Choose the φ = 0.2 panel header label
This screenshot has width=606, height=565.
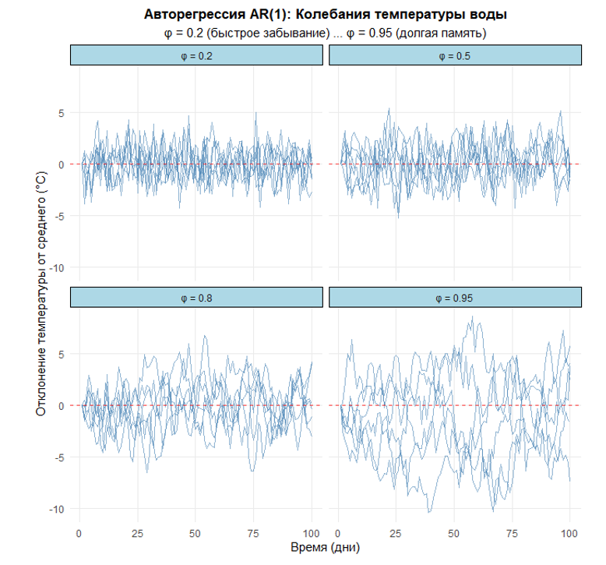tap(196, 55)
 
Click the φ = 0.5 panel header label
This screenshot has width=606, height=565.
tap(456, 55)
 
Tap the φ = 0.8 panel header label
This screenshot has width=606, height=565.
tap(196, 298)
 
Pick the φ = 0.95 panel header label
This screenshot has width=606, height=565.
tap(456, 298)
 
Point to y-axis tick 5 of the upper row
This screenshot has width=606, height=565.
tap(59, 112)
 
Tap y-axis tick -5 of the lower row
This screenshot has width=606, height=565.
tap(57, 457)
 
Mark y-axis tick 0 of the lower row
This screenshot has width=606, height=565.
tap(59, 406)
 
